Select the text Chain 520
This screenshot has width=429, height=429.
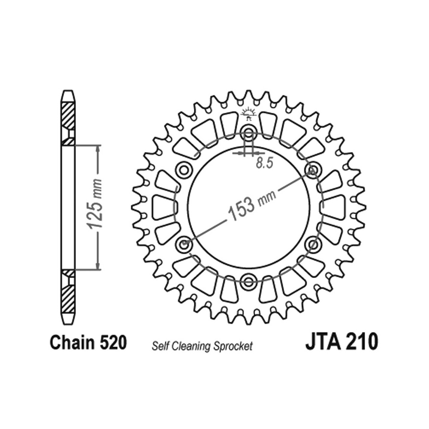tap(88, 343)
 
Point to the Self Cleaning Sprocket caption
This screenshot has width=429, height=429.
tap(202, 346)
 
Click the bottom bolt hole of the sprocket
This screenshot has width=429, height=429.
tap(248, 282)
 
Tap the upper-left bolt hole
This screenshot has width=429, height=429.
tap(184, 170)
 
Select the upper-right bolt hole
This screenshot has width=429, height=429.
tap(313, 170)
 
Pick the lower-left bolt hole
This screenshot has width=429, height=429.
tap(184, 245)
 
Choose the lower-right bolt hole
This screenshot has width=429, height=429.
tap(312, 245)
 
